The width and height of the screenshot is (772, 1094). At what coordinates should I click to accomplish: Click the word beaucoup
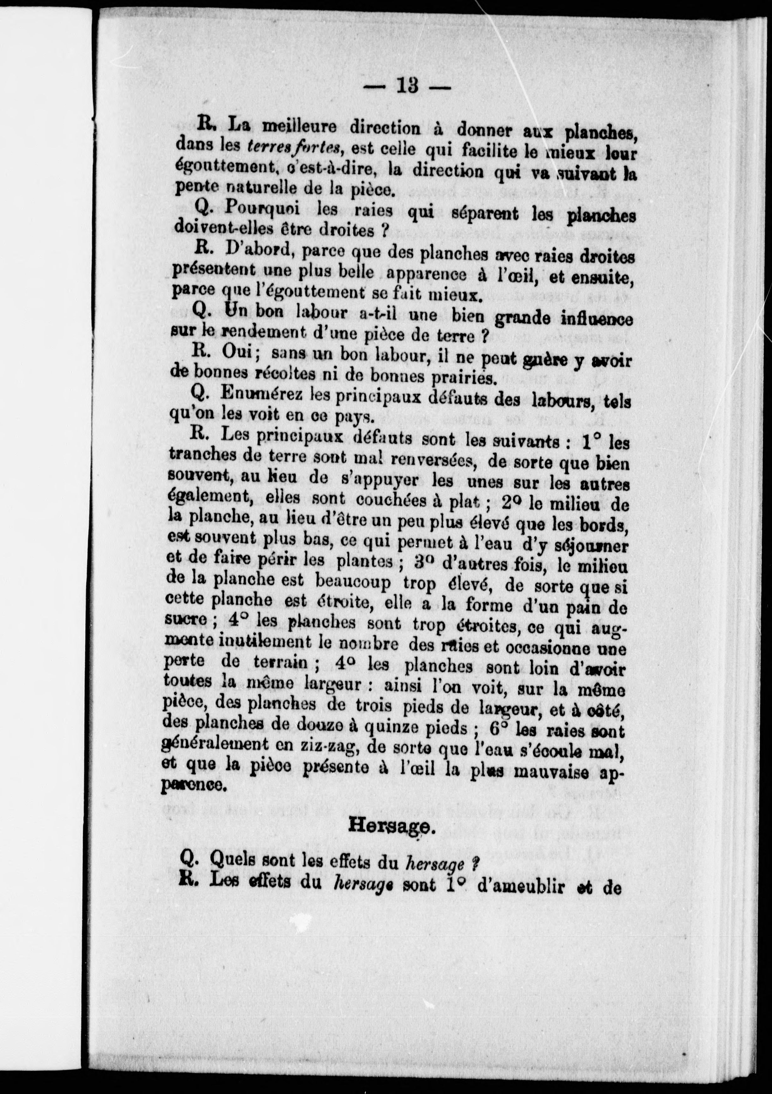pyautogui.click(x=353, y=582)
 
